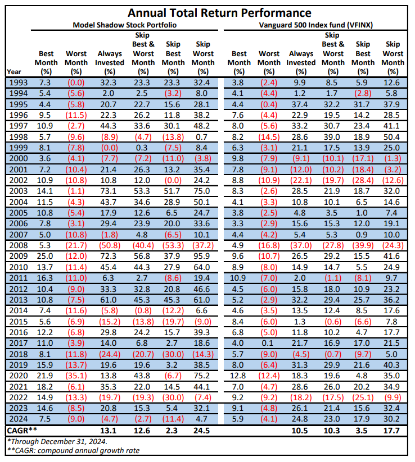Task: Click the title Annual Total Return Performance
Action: tap(219, 13)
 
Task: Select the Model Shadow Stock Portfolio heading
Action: tap(125, 25)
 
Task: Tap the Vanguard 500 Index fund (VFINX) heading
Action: tap(316, 25)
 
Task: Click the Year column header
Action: tap(14, 72)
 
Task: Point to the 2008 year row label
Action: tap(19, 245)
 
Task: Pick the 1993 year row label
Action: tap(19, 83)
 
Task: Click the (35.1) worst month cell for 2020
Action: tap(76, 376)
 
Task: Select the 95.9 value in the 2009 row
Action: tap(202, 256)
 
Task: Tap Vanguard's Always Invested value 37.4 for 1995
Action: tap(300, 104)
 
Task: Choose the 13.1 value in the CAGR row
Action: tap(108, 431)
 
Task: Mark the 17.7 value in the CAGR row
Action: tap(391, 431)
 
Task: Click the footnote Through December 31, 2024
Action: tap(57, 442)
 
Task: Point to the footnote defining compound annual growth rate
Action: tap(73, 451)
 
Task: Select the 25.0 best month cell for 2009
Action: tap(45, 256)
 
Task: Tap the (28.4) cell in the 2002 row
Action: tap(363, 180)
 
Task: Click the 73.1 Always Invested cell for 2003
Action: tap(108, 191)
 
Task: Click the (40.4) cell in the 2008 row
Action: tap(143, 245)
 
